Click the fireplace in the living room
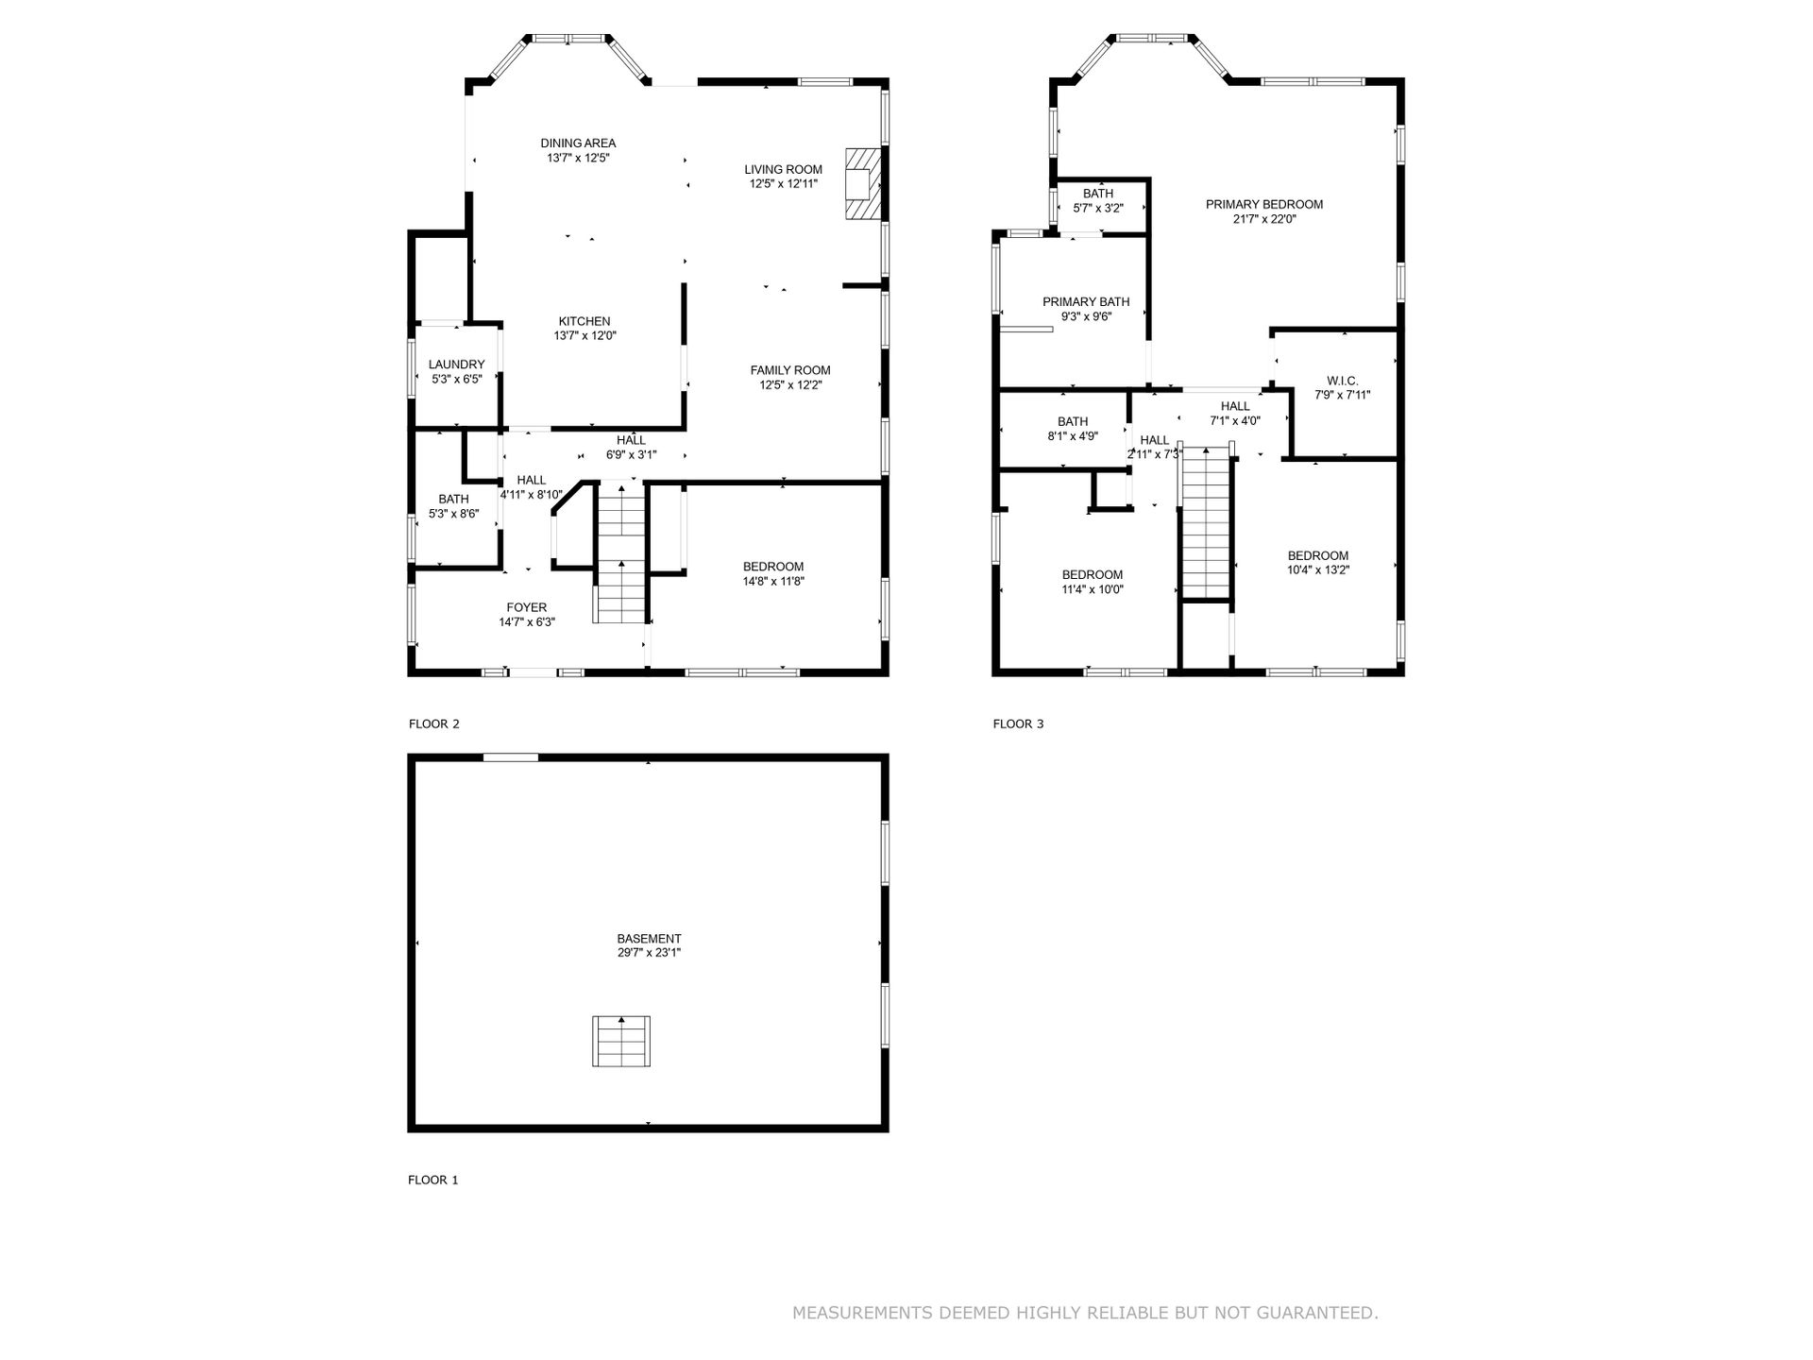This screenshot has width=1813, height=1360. pos(863,183)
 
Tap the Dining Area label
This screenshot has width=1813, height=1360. pos(578,144)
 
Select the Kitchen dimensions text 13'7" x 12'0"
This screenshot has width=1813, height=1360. pos(585,336)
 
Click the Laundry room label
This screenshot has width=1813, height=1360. pos(456,365)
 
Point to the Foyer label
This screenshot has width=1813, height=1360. pos(526,607)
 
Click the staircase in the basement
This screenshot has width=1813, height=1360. pos(621,1041)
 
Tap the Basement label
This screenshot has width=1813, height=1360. pos(649,939)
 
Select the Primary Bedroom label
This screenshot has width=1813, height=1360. pos(1264,204)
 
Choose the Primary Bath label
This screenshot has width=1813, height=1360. pos(1086,302)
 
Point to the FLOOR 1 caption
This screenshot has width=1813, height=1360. pos(433,1180)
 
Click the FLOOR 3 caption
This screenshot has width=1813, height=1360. pos(1018,724)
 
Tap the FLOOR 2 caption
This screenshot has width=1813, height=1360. pos(433,724)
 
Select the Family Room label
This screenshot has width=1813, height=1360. pos(790,370)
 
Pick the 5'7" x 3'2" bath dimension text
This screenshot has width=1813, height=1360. pos(1098,209)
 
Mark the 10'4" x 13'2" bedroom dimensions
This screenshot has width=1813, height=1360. pos(1318,570)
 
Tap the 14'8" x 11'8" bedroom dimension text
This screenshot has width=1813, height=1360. pos(773,582)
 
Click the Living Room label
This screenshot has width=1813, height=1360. pos(783,170)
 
